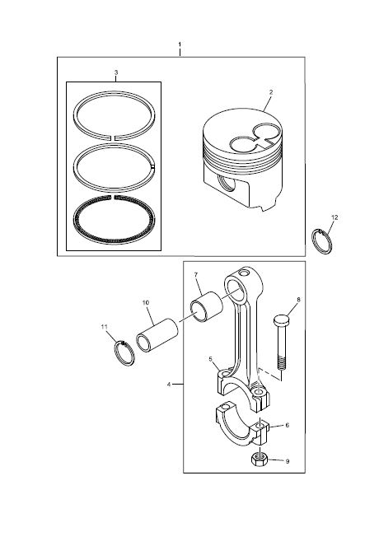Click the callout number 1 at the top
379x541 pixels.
pos(180,44)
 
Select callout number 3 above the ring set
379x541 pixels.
pos(116,72)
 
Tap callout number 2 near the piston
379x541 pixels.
pos(271,92)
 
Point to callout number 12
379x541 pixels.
pos(335,217)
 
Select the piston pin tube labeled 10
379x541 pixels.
pos(157,334)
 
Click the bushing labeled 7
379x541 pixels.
pos(207,306)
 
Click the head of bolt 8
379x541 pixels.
pos(281,320)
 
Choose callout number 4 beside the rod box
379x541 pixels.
pos(169,384)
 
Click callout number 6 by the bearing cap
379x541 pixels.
pos(288,426)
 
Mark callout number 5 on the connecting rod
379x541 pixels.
pos(210,359)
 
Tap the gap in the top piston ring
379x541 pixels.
pos(113,138)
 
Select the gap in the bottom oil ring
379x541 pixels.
pos(113,198)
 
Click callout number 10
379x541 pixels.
pos(146,302)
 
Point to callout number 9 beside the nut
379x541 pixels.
pos(288,461)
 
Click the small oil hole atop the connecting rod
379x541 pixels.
pos(245,273)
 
